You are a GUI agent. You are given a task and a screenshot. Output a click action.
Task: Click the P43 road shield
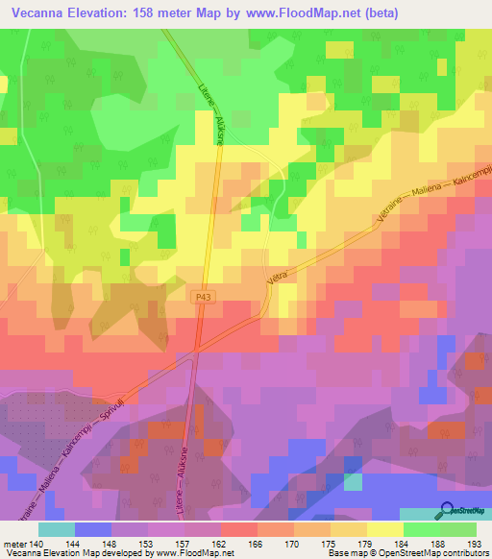197,299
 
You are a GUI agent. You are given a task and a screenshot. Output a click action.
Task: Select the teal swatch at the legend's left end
56,528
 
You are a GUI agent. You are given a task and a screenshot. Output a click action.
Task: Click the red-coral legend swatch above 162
239,528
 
